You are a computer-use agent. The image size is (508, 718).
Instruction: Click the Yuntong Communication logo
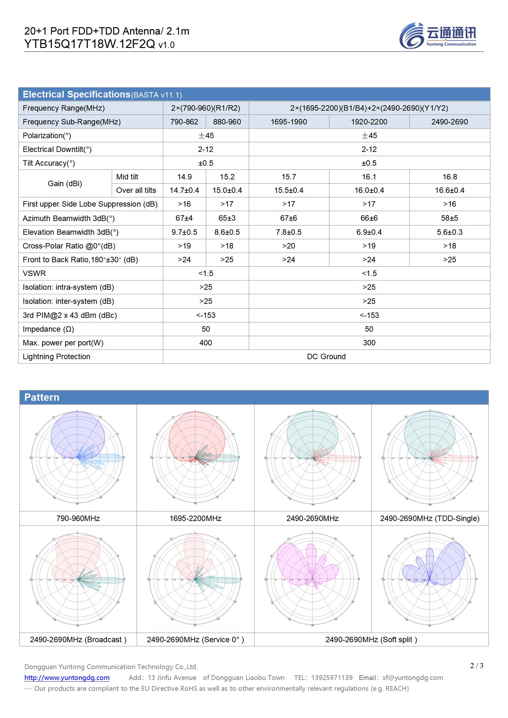438,36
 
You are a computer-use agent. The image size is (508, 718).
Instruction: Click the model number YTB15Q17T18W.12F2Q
90,44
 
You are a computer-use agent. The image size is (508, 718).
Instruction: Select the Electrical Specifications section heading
77,95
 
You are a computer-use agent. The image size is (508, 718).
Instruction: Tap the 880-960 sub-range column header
227,122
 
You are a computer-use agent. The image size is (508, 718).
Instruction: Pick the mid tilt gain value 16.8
449,177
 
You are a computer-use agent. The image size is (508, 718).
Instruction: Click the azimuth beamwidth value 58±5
449,218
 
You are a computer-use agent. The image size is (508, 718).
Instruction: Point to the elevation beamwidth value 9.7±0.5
184,232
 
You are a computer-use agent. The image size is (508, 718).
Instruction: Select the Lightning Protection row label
56,357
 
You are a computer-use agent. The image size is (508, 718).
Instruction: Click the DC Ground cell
326,357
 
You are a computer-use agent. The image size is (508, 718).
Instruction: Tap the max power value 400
206,343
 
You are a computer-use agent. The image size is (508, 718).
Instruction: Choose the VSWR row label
34,273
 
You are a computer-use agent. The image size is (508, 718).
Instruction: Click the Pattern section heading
42,397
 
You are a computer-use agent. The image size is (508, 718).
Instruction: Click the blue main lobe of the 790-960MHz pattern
78,433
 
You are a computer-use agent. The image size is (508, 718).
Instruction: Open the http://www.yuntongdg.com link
67,678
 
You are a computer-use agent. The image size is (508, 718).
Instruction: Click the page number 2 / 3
477,666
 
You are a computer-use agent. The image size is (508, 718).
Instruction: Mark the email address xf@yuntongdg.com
413,678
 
